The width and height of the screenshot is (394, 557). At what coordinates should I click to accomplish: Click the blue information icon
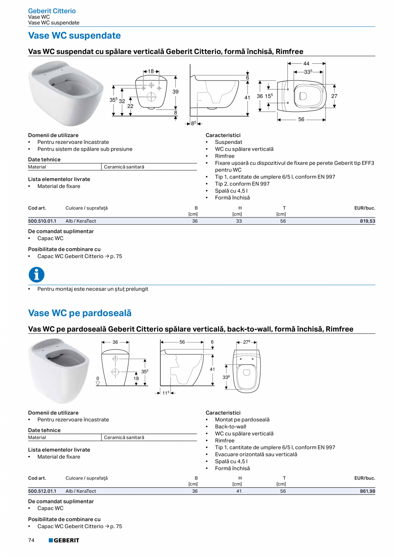(36, 274)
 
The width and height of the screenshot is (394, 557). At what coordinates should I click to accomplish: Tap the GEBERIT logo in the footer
(64, 541)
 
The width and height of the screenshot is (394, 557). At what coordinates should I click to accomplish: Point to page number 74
(31, 541)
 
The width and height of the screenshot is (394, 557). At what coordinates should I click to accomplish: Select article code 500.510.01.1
(42, 221)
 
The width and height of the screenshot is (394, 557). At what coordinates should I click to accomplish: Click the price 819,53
(367, 221)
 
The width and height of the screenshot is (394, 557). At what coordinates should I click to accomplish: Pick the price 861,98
(367, 491)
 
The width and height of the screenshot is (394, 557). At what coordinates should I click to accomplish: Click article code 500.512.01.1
(42, 491)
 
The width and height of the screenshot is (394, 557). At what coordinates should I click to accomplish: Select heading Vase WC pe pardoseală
(80, 313)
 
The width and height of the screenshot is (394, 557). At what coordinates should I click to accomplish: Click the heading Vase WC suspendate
(74, 36)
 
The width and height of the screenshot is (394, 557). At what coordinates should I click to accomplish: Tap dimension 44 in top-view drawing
(306, 63)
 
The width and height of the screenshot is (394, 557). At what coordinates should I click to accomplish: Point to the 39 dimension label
(176, 92)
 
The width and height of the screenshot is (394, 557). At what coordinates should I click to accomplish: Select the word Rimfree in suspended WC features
(224, 156)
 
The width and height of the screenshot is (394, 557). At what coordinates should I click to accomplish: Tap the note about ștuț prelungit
(93, 289)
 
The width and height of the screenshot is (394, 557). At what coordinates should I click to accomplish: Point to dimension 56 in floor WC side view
(182, 342)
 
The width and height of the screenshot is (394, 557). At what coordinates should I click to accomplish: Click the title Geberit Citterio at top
(52, 11)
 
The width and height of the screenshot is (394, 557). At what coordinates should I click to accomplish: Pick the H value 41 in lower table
(239, 491)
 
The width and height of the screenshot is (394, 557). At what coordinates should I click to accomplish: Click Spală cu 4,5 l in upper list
(231, 191)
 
